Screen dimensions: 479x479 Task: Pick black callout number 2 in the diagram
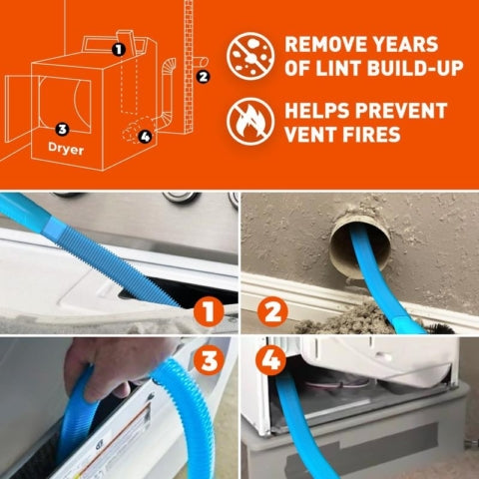[x=204, y=76]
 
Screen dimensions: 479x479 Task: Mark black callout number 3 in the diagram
[x=62, y=128]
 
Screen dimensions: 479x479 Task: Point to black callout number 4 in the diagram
[x=146, y=136]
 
